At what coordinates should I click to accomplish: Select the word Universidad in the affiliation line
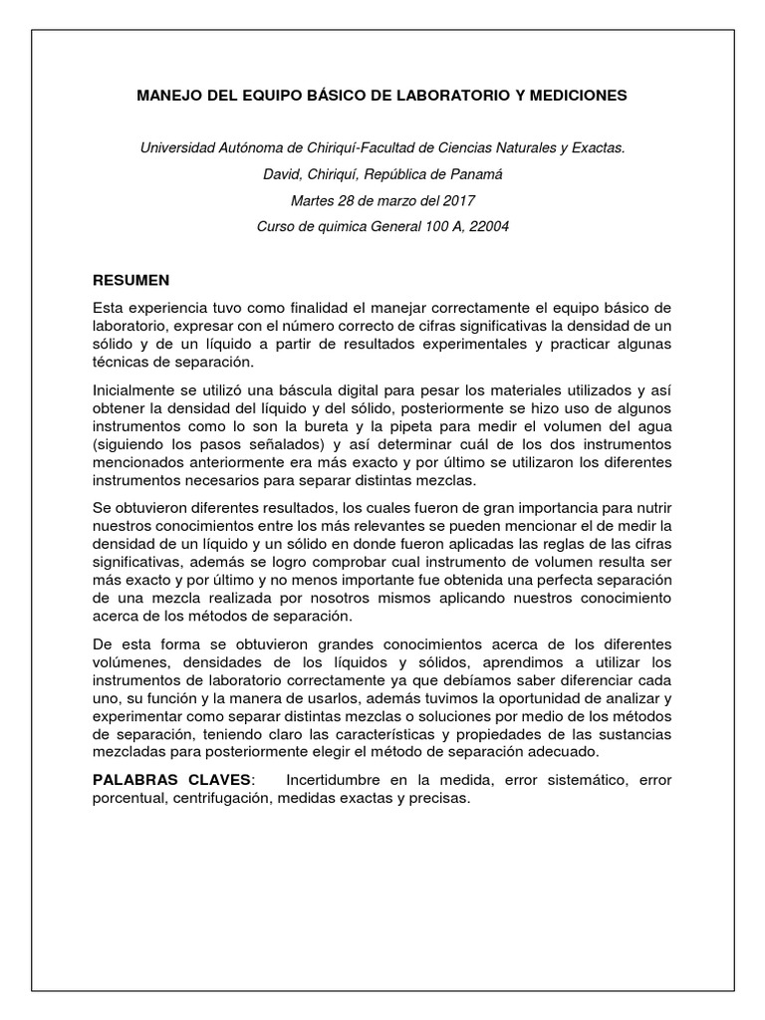(178, 147)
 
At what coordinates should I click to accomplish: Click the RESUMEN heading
(130, 280)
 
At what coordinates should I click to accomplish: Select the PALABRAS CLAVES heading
(173, 780)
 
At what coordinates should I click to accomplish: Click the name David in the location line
(279, 174)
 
